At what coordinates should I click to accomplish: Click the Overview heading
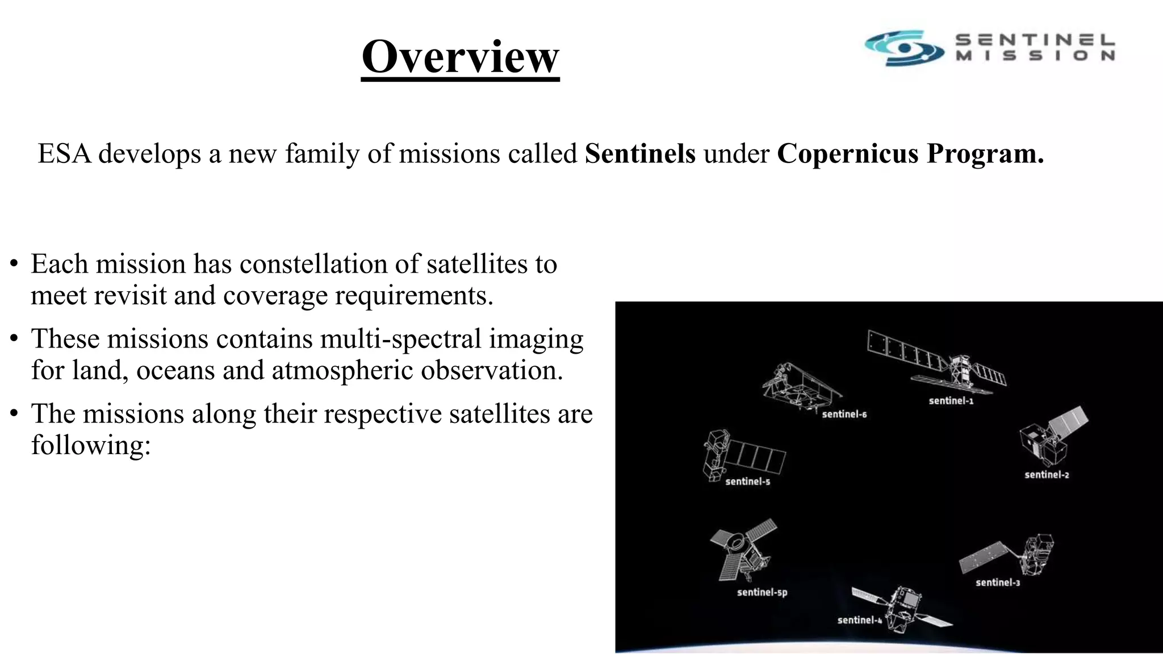pyautogui.click(x=460, y=57)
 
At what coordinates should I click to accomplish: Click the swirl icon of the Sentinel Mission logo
pyautogui.click(x=904, y=48)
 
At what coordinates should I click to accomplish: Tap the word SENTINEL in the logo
pyautogui.click(x=1035, y=40)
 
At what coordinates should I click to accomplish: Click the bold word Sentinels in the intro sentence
pyautogui.click(x=640, y=154)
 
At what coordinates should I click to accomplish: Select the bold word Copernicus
pyautogui.click(x=848, y=154)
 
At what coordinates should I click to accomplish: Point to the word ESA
pyautogui.click(x=64, y=154)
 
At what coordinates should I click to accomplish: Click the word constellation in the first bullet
pyautogui.click(x=329, y=264)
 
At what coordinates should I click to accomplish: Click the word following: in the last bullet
pyautogui.click(x=91, y=445)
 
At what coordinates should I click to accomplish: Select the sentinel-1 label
pyautogui.click(x=951, y=401)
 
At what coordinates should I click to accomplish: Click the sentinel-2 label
pyautogui.click(x=1047, y=475)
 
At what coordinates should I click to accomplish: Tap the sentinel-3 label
pyautogui.click(x=998, y=582)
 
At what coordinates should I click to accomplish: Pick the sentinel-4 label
pyautogui.click(x=860, y=620)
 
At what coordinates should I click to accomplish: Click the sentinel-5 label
pyautogui.click(x=747, y=481)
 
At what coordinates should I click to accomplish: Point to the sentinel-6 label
pyautogui.click(x=844, y=414)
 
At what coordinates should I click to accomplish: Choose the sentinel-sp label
pyautogui.click(x=762, y=592)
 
